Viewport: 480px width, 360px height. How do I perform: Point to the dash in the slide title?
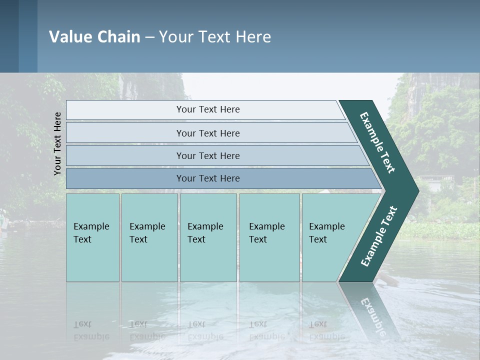pyautogui.click(x=149, y=37)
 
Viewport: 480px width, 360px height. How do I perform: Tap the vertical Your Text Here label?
pyautogui.click(x=57, y=143)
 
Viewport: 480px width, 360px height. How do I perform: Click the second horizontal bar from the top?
pyautogui.click(x=208, y=133)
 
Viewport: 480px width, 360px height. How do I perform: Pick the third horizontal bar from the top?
pyautogui.click(x=208, y=155)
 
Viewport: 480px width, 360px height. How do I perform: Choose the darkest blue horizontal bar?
pyautogui.click(x=208, y=178)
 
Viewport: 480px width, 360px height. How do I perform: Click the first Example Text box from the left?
pyautogui.click(x=92, y=237)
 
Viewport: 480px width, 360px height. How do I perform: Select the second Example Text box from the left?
pyautogui.click(x=149, y=237)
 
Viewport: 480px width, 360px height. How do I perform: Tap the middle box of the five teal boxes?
pyautogui.click(x=208, y=237)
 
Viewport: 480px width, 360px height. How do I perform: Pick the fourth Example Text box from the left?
pyautogui.click(x=269, y=237)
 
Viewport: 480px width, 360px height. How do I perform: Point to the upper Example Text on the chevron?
pyautogui.click(x=377, y=142)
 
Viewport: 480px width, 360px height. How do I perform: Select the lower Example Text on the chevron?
pyautogui.click(x=378, y=236)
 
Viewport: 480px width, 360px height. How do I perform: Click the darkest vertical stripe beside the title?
pyautogui.click(x=9, y=36)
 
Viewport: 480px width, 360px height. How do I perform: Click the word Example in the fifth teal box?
pyautogui.click(x=326, y=226)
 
